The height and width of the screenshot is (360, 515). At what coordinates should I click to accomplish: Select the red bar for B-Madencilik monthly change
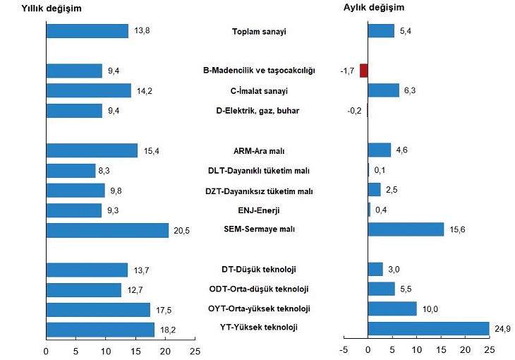(363, 71)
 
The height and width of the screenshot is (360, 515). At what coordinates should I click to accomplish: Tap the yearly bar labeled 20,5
(107, 230)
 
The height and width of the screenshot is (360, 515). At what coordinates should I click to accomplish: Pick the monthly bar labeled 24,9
(428, 329)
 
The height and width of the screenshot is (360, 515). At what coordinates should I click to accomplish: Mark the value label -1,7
(347, 71)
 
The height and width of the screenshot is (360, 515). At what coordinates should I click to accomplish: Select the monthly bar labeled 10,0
(392, 309)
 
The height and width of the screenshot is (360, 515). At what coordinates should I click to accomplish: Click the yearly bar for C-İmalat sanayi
(88, 90)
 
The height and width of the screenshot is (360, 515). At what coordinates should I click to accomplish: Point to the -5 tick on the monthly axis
(344, 350)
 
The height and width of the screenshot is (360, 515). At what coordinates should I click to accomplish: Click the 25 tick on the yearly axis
(195, 350)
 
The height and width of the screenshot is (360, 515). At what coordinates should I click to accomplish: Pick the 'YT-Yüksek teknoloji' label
(259, 328)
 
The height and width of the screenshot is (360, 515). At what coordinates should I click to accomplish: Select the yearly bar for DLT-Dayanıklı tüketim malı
(71, 171)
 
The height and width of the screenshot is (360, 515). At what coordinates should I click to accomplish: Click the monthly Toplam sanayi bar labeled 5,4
(381, 31)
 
